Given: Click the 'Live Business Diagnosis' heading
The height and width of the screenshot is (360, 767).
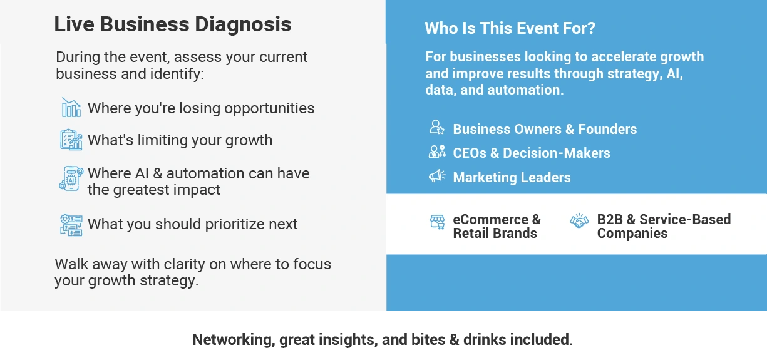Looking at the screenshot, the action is [173, 24].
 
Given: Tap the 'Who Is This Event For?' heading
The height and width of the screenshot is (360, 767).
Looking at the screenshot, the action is [510, 28].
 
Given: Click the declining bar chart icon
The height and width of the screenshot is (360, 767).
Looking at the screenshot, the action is [71, 107].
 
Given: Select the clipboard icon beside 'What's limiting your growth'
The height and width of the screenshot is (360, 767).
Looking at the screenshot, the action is [71, 140].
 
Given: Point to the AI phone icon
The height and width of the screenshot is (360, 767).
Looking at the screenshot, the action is [71, 178].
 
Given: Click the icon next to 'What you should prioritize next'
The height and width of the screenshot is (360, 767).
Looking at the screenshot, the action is [71, 225].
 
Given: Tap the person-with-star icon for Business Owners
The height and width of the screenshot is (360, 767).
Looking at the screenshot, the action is [437, 127].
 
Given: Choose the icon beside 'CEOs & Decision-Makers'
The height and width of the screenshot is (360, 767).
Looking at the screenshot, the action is [437, 151].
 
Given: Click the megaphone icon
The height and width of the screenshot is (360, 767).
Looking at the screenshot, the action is [437, 176].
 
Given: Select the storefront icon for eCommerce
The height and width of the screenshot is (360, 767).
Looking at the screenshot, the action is [438, 222].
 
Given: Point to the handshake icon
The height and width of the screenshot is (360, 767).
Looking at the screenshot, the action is [579, 221].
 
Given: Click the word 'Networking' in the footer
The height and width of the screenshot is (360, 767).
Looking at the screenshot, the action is [234, 340].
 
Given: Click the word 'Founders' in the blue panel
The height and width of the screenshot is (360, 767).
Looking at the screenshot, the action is [607, 129].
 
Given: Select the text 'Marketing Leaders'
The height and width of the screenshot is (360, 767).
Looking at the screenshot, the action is [512, 177].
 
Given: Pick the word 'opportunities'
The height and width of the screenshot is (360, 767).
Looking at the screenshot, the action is [269, 108].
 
